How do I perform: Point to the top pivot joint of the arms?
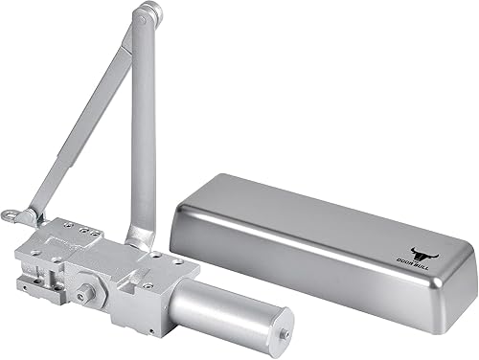[147, 15]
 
